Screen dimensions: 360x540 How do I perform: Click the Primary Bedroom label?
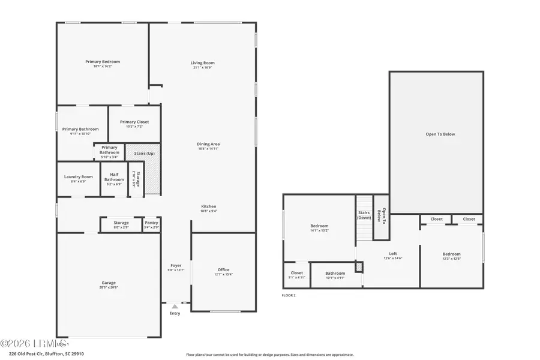click(102, 62)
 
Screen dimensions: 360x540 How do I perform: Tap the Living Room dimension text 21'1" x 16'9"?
click(203, 68)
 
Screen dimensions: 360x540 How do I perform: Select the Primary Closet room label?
click(134, 122)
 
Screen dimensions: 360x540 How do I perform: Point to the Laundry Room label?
click(79, 177)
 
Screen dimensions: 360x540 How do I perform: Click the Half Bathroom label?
click(114, 177)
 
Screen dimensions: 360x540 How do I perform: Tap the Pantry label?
click(152, 223)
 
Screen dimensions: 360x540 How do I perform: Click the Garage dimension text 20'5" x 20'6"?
click(109, 288)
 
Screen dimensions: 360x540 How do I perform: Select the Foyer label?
click(176, 265)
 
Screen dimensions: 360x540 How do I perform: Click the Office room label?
click(223, 270)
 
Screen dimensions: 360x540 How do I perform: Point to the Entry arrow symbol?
click(175, 307)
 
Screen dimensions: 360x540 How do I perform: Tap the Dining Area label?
click(208, 144)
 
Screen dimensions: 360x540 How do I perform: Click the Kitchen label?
click(208, 206)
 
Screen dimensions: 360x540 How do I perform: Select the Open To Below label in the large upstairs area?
click(440, 134)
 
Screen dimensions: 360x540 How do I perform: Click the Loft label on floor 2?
click(393, 253)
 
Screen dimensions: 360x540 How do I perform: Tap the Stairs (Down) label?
click(364, 215)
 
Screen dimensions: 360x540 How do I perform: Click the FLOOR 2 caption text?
click(289, 295)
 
